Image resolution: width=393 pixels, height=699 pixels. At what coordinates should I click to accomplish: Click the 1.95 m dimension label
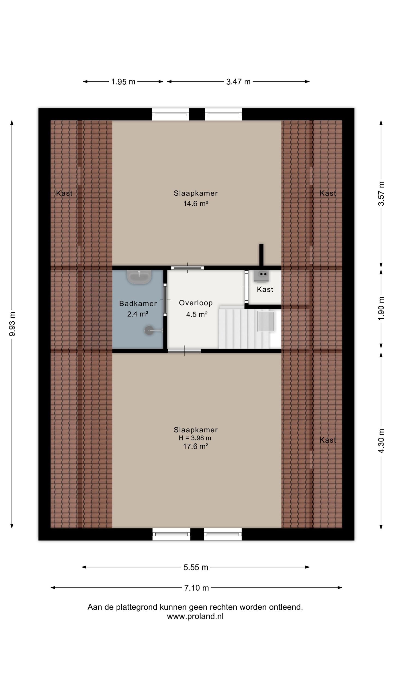(x=123, y=82)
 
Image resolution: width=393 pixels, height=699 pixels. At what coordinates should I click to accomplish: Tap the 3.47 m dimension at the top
(x=238, y=82)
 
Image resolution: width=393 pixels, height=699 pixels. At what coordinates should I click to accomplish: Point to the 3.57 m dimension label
(x=381, y=194)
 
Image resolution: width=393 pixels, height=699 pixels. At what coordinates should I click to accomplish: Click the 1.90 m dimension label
(x=381, y=308)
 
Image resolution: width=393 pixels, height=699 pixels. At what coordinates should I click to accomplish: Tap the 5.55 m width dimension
(x=196, y=567)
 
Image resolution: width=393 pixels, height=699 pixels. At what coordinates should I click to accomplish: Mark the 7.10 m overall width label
(x=196, y=588)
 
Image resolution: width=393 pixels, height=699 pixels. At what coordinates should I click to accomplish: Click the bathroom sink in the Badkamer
(x=139, y=277)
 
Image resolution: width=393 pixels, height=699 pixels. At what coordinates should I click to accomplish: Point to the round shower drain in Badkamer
(x=149, y=330)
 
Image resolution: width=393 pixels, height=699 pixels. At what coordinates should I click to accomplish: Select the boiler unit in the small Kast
(x=261, y=276)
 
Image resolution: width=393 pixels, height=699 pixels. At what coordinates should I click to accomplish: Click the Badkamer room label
(x=138, y=304)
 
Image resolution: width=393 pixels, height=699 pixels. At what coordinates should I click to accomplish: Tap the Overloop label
(x=196, y=303)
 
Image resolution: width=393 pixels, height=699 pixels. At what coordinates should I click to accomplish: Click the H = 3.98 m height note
(x=195, y=438)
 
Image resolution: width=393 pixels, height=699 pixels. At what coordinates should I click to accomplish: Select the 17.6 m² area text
(x=195, y=446)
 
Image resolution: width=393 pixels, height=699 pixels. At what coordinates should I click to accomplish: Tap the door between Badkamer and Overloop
(x=165, y=300)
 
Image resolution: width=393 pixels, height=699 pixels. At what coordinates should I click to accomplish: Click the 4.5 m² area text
(x=197, y=314)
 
